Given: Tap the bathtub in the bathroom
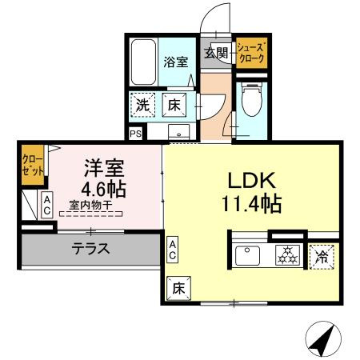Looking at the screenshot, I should point(144,62).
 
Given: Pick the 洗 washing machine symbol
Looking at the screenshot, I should point(142,104).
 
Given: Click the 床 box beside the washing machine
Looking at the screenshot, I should point(175,104).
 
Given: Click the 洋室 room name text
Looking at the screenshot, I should point(105,169).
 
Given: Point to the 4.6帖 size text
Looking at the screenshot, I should point(105,190).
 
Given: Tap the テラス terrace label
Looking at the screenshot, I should point(91,249).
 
